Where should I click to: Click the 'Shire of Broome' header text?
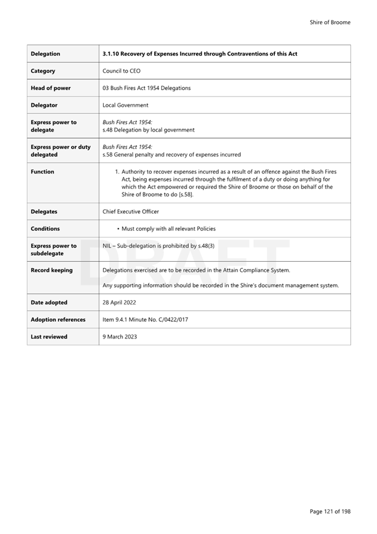point(330,23)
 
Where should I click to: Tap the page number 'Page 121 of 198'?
point(330,511)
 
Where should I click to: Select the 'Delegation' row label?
point(46,54)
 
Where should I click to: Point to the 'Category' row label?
point(43,71)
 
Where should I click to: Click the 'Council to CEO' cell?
point(121,71)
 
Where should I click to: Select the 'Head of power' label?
point(51,88)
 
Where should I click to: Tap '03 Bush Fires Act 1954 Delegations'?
point(147,88)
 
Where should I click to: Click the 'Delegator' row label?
point(44,105)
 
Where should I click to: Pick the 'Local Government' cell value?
point(125,105)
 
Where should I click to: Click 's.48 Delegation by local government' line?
point(148,130)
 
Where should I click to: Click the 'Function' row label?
point(43,172)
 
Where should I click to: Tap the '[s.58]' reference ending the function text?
point(185,194)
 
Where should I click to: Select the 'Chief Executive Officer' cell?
point(130,212)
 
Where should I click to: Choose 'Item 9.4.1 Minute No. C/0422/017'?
point(145,320)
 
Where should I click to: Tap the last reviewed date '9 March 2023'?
point(120,337)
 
